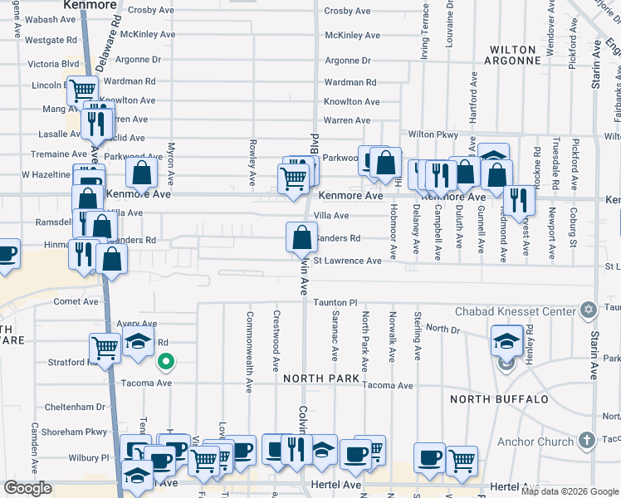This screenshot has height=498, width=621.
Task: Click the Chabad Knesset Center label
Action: pos(515,311)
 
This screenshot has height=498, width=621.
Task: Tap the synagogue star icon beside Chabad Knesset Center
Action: pos(589,310)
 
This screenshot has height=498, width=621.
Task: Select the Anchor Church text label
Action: pos(535,442)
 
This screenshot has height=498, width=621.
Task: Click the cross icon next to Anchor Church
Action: pos(586,441)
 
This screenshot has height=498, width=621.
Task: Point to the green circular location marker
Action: pos(166,361)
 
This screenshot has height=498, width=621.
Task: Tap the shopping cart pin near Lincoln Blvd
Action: pos(82,90)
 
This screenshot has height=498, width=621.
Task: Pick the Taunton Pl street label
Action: pos(335,304)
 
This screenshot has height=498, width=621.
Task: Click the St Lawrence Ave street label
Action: pos(346,261)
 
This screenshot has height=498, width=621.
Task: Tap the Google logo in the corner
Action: pos(28,488)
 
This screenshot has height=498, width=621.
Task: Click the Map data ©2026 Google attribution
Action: pos(570,491)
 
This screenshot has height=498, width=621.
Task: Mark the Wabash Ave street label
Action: pos(51,19)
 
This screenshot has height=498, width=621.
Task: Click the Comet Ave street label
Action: pos(76,302)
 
